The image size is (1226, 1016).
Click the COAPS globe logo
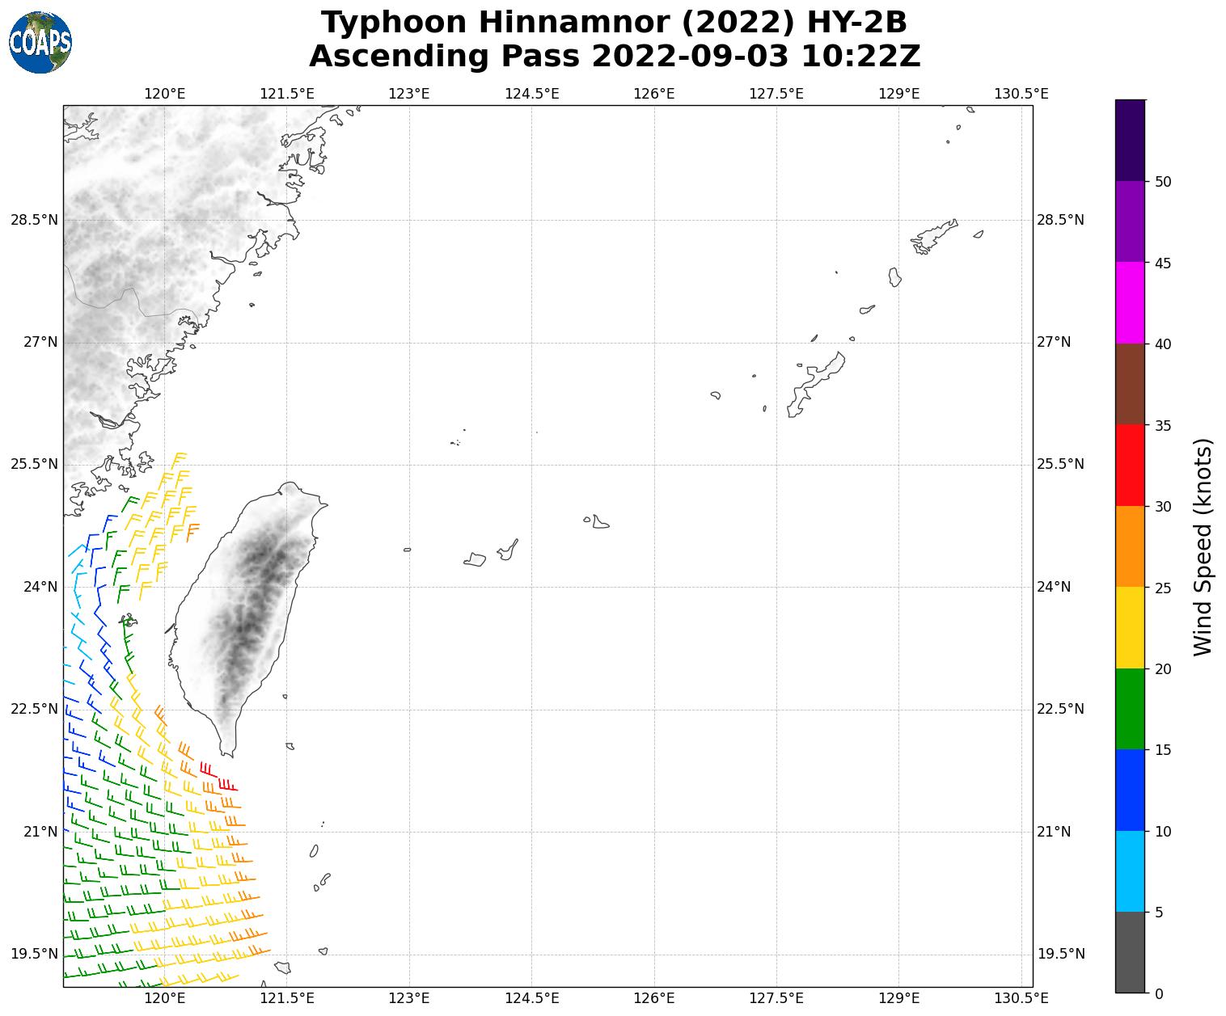click(x=40, y=42)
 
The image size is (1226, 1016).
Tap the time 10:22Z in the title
click(x=860, y=57)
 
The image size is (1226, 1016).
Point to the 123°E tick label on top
click(x=409, y=94)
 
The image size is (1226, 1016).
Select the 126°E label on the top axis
click(x=654, y=94)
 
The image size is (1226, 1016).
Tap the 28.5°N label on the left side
click(x=34, y=220)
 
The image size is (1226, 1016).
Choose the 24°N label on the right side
click(x=1054, y=587)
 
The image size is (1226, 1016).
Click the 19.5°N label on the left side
click(x=34, y=955)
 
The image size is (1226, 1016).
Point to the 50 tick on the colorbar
click(x=1163, y=182)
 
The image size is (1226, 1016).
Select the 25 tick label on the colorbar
click(x=1163, y=588)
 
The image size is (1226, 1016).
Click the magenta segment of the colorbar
click(x=1130, y=303)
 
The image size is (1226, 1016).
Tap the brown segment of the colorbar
click(x=1130, y=384)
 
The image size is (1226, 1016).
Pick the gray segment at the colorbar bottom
click(x=1130, y=952)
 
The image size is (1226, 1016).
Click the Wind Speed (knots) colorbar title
click(x=1203, y=546)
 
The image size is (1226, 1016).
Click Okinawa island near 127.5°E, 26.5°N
click(x=817, y=384)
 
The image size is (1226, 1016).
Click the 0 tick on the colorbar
click(x=1159, y=993)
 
